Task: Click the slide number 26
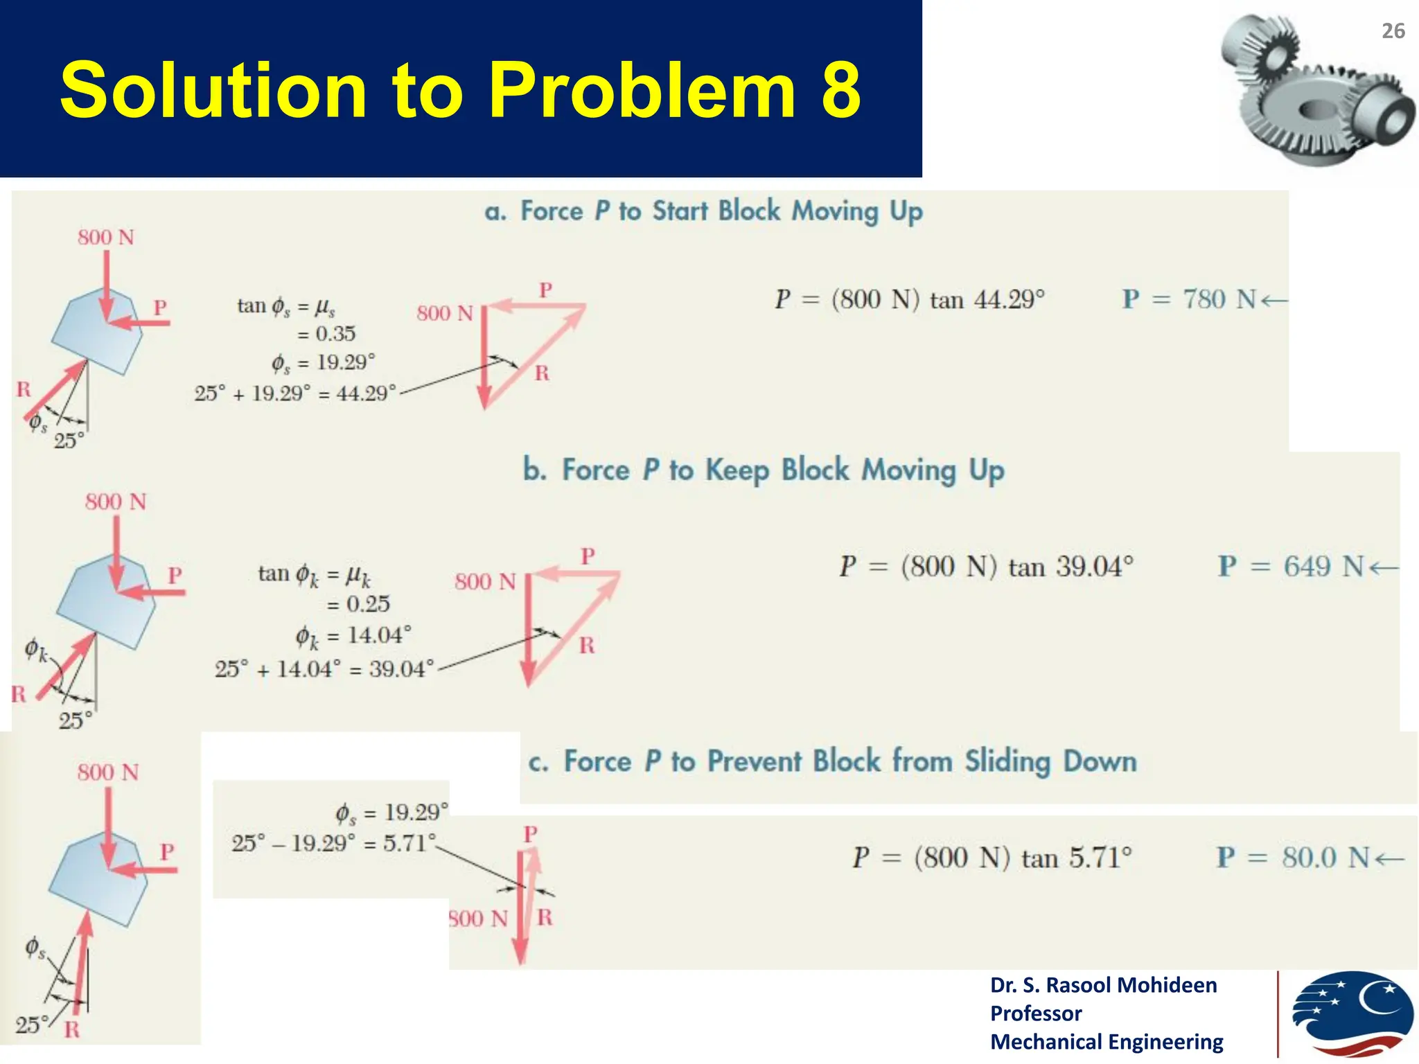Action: click(x=1393, y=31)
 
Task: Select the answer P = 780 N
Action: click(x=1204, y=299)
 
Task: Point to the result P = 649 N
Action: click(x=1308, y=567)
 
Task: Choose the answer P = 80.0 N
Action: click(x=1310, y=858)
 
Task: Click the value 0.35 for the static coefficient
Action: click(x=335, y=334)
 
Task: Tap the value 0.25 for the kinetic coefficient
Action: click(x=368, y=604)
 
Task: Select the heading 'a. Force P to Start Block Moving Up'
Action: click(x=703, y=211)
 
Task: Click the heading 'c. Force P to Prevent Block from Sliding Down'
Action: click(x=832, y=762)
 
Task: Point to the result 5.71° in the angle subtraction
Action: click(x=409, y=843)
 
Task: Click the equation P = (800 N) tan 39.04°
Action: click(x=986, y=567)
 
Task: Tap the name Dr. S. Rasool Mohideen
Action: click(x=1103, y=985)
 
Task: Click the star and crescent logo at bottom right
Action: click(x=1351, y=1015)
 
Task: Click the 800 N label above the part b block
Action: click(x=116, y=502)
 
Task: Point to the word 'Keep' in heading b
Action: click(x=737, y=471)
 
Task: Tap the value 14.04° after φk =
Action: click(x=379, y=635)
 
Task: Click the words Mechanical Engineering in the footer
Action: click(x=1107, y=1042)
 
